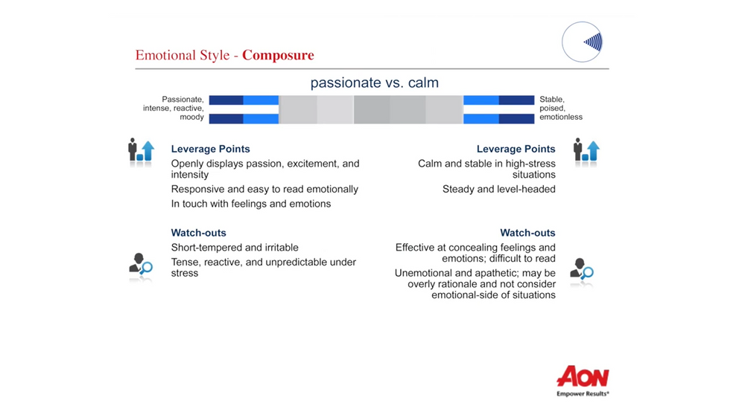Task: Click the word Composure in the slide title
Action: coord(278,56)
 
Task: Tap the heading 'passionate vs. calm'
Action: coord(375,83)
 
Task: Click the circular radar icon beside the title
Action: coord(583,42)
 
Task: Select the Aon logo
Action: coord(583,376)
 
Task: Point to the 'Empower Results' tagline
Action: coord(583,393)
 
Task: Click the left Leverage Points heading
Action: coord(211,149)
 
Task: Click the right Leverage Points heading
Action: coord(516,149)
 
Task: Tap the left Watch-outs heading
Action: coord(199,233)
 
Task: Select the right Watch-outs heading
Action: coord(527,233)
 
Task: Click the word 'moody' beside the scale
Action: coord(191,118)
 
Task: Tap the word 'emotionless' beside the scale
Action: coord(561,118)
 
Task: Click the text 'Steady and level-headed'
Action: coord(499,189)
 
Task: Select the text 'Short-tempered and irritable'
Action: coord(235,248)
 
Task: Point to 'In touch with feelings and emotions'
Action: coord(251,204)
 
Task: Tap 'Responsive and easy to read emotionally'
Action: coord(264,189)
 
